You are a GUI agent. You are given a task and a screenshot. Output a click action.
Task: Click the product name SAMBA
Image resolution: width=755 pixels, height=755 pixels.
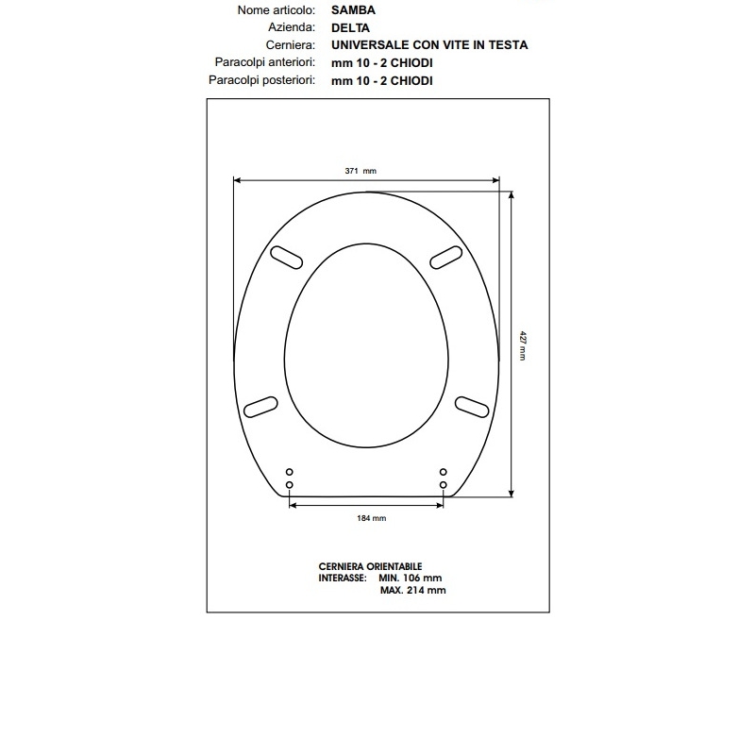tap(353, 10)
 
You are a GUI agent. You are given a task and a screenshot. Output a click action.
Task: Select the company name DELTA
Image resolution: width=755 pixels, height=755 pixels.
tap(350, 28)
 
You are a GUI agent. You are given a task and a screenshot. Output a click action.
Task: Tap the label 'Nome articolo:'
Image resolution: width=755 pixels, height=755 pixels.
tap(277, 10)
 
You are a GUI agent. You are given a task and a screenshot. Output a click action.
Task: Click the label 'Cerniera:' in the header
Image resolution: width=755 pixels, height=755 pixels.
tap(291, 45)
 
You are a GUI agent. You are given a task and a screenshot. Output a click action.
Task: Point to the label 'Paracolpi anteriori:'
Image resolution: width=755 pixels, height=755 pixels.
tap(265, 62)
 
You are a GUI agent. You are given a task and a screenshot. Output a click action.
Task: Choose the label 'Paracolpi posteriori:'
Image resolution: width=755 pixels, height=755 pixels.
tap(262, 80)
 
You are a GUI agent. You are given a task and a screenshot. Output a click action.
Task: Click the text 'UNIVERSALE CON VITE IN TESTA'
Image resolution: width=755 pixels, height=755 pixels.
tap(429, 45)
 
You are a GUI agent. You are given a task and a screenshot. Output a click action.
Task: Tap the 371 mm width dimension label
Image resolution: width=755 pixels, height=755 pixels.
tap(361, 171)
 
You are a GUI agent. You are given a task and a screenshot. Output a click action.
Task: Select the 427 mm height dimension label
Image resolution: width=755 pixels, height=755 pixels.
tap(523, 345)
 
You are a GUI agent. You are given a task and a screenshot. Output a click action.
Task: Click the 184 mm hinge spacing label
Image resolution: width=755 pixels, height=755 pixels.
tap(371, 518)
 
